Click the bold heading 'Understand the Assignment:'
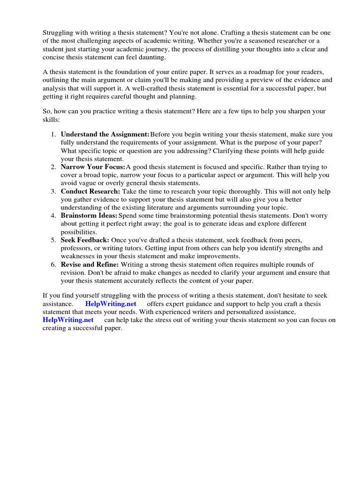[105, 134]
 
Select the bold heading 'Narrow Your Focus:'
[93, 167]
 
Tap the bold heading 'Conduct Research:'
[90, 191]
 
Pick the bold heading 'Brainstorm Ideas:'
[89, 216]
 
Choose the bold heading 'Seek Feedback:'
[85, 240]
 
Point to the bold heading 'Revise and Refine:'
[90, 264]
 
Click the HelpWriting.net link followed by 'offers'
[111, 304]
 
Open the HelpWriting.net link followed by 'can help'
[68, 320]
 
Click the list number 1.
[53, 134]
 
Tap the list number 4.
[53, 216]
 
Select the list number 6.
[53, 264]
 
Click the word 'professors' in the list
[76, 248]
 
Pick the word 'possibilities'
[79, 232]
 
